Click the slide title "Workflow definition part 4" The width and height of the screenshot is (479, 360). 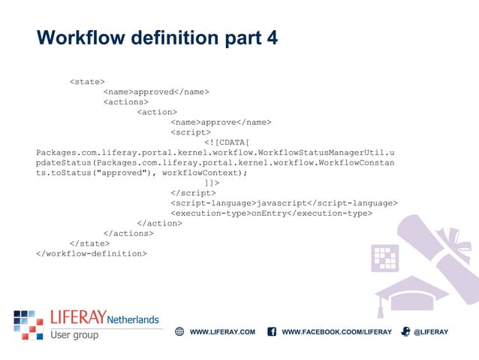pos(157,38)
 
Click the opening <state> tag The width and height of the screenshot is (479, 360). pos(86,81)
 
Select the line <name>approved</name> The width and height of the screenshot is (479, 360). pos(155,92)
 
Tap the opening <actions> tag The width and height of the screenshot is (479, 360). pos(125,101)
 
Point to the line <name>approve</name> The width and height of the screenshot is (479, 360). pos(221,122)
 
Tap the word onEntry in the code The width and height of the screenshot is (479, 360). pos(269,213)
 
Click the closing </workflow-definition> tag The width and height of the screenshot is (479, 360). pos(92,253)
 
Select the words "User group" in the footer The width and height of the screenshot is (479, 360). pos(74,335)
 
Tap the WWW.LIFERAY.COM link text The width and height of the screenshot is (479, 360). pos(222,332)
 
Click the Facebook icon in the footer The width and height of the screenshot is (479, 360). pos(272,331)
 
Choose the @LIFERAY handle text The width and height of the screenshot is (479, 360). pos(430,332)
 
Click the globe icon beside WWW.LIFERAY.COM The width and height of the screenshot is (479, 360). pos(179,331)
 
